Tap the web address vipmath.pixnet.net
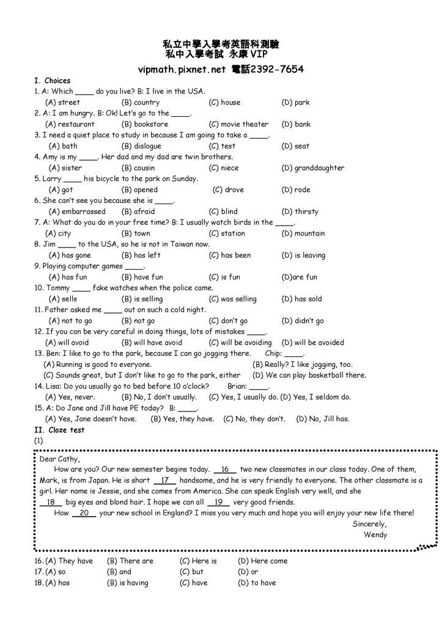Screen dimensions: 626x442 183,69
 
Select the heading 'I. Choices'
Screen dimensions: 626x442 53,81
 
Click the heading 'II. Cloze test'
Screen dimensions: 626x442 59,430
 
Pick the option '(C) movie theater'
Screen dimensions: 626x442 238,124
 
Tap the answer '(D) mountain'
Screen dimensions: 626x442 303,234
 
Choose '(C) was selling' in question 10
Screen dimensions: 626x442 232,299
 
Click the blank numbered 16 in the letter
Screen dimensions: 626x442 225,469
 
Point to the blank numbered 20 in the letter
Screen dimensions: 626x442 84,514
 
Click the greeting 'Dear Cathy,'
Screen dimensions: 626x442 60,458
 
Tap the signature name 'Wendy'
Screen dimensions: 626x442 375,535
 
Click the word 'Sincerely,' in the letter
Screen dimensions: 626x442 370,525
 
